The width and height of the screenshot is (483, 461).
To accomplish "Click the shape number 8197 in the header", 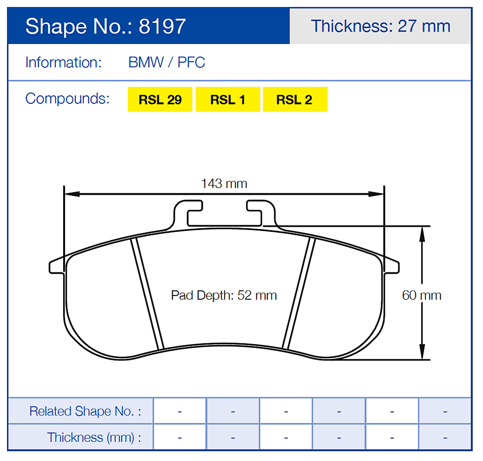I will pyautogui.click(x=162, y=26).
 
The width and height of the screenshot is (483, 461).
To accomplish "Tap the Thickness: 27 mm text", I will pyautogui.click(x=380, y=26).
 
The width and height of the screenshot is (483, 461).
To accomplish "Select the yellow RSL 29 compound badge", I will pyautogui.click(x=160, y=100).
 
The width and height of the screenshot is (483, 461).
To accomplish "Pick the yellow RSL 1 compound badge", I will pyautogui.click(x=227, y=100).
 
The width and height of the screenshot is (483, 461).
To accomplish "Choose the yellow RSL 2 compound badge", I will pyautogui.click(x=294, y=100).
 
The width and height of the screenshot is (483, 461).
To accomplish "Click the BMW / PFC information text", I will pyautogui.click(x=167, y=63).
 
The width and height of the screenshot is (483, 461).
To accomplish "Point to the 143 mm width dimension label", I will pyautogui.click(x=224, y=183).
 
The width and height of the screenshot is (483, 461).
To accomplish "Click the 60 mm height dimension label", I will pyautogui.click(x=421, y=296).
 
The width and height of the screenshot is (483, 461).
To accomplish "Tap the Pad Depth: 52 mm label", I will pyautogui.click(x=224, y=296).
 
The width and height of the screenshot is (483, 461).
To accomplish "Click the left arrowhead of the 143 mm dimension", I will pyautogui.click(x=71, y=194).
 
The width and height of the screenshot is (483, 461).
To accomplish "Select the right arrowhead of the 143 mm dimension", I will pyautogui.click(x=377, y=194).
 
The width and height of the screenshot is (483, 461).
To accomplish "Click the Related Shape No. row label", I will pyautogui.click(x=85, y=411).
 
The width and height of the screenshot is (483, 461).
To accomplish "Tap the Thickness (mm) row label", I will pyautogui.click(x=94, y=437).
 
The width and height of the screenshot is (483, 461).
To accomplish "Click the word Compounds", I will pyautogui.click(x=67, y=99).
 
